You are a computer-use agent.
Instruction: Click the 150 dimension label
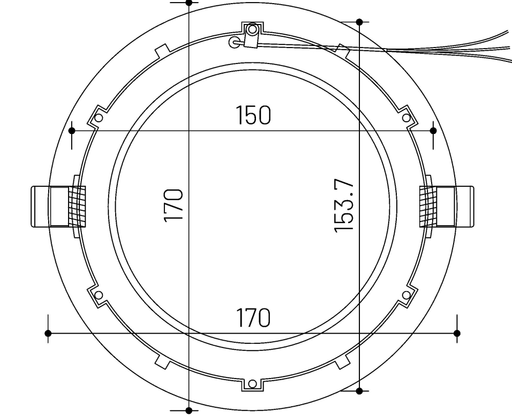click(x=253, y=116)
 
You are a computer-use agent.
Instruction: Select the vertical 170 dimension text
click(x=174, y=205)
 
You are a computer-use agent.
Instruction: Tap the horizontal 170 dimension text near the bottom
click(x=253, y=318)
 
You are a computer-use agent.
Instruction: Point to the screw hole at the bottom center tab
click(x=252, y=384)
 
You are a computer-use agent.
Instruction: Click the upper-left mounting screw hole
click(x=99, y=118)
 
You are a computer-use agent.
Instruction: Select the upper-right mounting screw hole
click(x=406, y=118)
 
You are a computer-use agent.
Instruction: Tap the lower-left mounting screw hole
click(x=99, y=295)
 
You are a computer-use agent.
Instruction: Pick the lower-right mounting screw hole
click(x=406, y=295)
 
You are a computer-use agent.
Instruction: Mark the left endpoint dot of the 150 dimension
click(x=72, y=131)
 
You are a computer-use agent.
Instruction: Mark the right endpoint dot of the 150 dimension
click(x=433, y=131)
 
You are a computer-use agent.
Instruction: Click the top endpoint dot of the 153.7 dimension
click(x=359, y=22)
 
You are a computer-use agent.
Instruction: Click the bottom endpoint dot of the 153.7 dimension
click(x=359, y=391)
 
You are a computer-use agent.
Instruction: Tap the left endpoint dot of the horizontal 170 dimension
click(x=48, y=333)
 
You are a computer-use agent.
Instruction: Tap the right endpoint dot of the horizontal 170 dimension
click(x=457, y=333)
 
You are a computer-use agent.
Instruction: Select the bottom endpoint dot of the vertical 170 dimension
click(x=188, y=410)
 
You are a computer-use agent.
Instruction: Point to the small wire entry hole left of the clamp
click(x=234, y=42)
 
